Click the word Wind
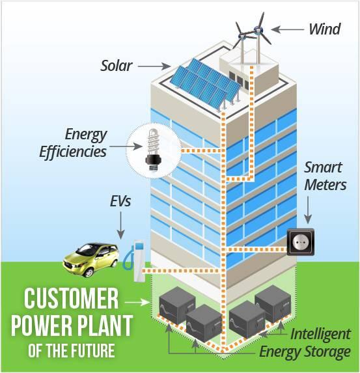(325, 29)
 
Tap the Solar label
(117, 66)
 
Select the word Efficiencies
(73, 152)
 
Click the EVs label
(120, 201)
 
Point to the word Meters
(325, 185)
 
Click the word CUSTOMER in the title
(71, 299)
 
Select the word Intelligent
(320, 334)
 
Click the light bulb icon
(153, 150)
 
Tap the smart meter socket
(301, 242)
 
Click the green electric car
(91, 259)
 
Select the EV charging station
(135, 261)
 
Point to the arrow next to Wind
(288, 29)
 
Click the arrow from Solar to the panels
(154, 66)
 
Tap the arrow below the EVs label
(120, 225)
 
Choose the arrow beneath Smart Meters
(308, 210)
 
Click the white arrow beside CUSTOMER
(137, 302)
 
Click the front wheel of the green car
(89, 272)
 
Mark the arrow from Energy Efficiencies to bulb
(126, 146)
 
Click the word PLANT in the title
(105, 325)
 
